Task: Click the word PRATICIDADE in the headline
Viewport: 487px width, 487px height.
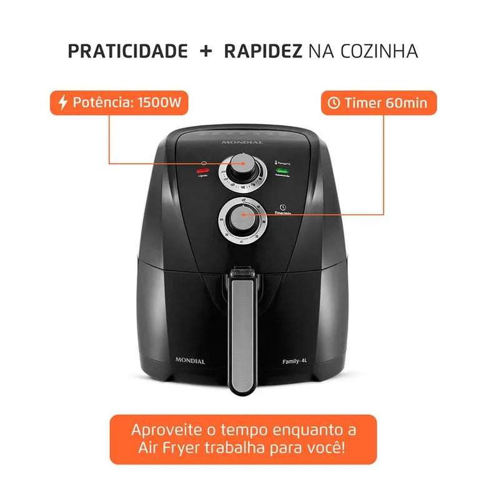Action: pyautogui.click(x=127, y=51)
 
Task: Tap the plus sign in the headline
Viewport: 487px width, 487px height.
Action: pyautogui.click(x=206, y=51)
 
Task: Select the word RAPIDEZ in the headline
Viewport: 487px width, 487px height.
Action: pyautogui.click(x=263, y=51)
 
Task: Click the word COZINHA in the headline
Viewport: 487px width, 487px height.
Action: pyautogui.click(x=380, y=51)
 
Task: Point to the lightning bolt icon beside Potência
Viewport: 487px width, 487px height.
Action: pyautogui.click(x=62, y=103)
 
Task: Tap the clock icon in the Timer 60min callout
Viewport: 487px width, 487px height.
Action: pyautogui.click(x=334, y=103)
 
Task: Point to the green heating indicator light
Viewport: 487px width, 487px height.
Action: pyautogui.click(x=282, y=169)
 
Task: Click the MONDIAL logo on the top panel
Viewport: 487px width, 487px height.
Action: pyautogui.click(x=242, y=142)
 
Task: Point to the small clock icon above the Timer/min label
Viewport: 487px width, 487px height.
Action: pyautogui.click(x=282, y=207)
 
